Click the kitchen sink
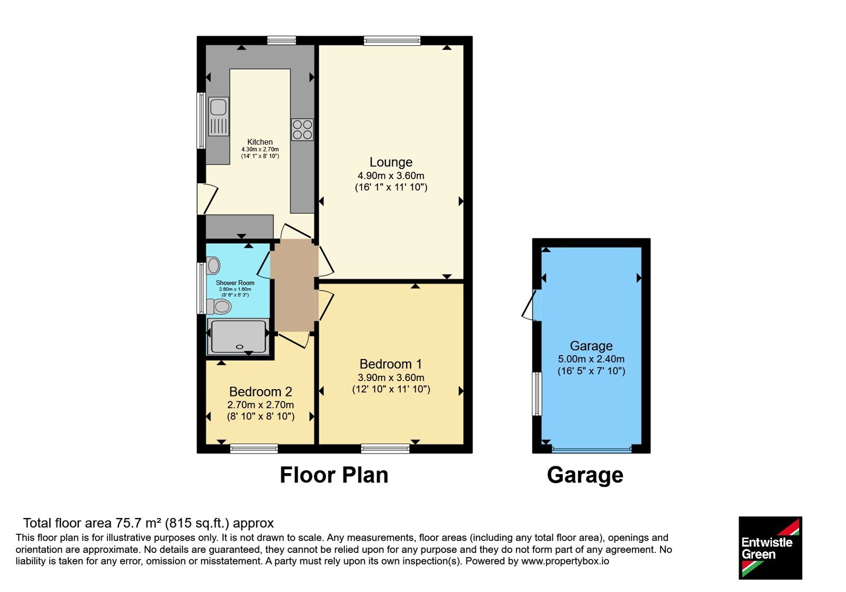[219, 116]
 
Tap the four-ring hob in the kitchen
[302, 129]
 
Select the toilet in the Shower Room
[219, 306]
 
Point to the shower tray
[238, 337]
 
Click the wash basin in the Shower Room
[214, 265]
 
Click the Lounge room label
[391, 162]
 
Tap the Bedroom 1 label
[391, 364]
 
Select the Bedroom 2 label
[261, 392]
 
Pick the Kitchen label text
[260, 142]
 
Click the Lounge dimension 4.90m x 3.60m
[391, 175]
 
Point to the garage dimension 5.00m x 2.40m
[591, 359]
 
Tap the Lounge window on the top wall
[392, 40]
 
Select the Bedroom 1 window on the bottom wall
[385, 449]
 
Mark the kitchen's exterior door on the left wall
[207, 199]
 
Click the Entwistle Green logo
[770, 548]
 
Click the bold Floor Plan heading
[334, 475]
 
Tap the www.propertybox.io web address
[565, 561]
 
